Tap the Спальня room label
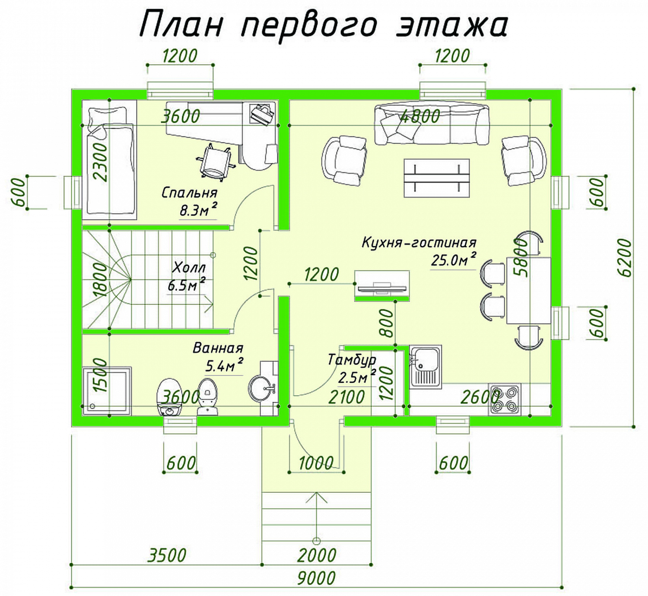point(189,193)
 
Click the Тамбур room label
point(352,360)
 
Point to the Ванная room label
point(218,348)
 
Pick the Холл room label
point(189,268)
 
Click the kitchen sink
point(426,366)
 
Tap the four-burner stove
point(505,399)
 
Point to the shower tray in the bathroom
point(107,391)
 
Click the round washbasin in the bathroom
point(260,388)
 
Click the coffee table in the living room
point(436,178)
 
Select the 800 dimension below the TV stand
point(388,323)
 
